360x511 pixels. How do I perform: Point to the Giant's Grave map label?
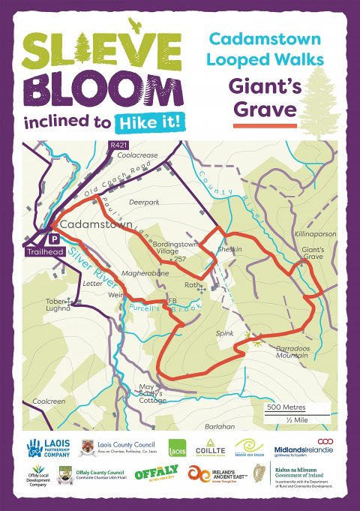[x=313, y=253]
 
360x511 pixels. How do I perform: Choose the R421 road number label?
[x=118, y=144]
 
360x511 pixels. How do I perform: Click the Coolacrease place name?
[x=139, y=155]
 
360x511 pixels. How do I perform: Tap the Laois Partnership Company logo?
[x=49, y=448]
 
